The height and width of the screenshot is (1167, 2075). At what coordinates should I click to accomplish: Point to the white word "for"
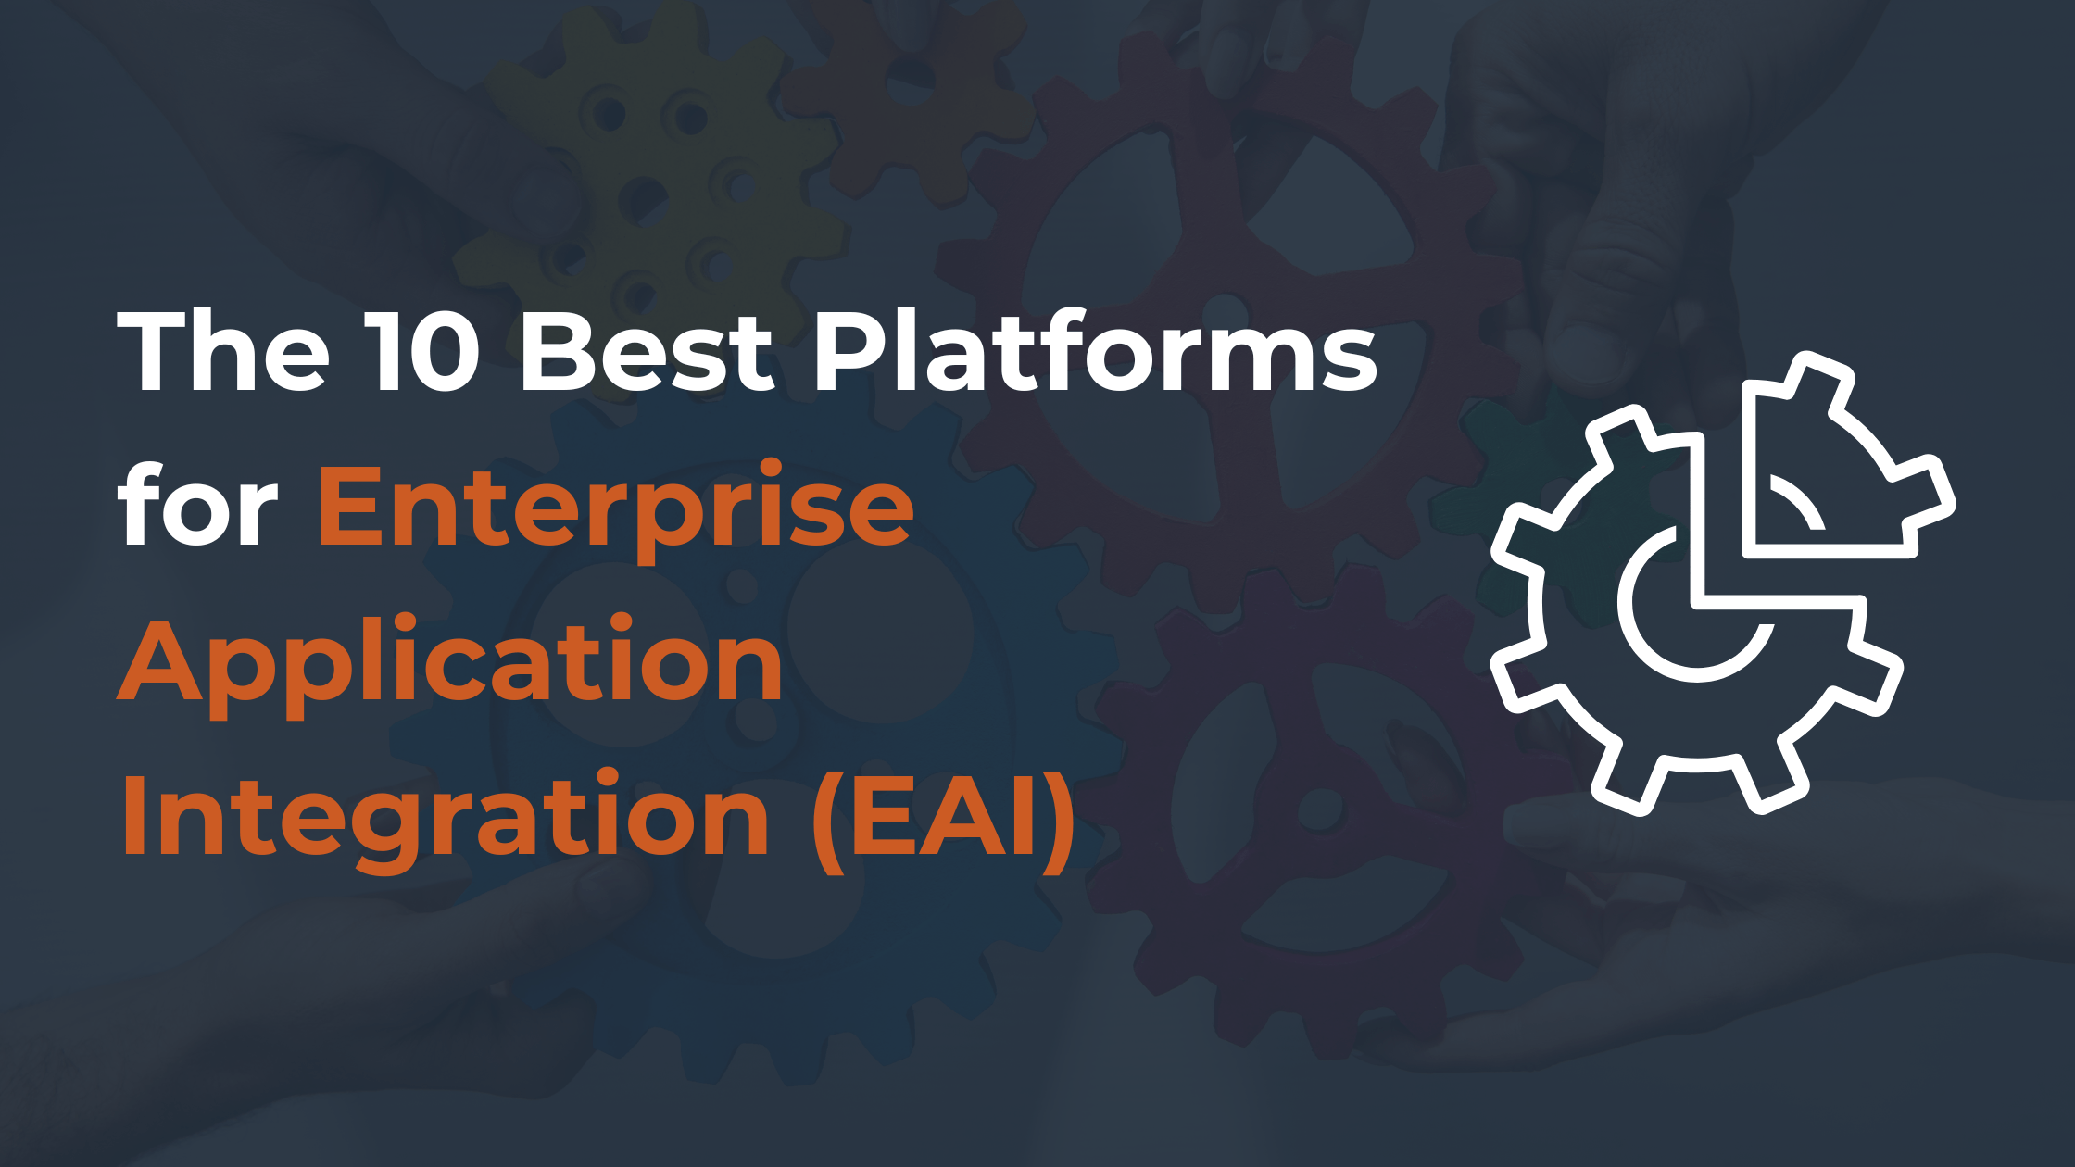click(197, 508)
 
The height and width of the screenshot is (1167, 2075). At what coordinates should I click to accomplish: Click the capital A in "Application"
click(159, 661)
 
